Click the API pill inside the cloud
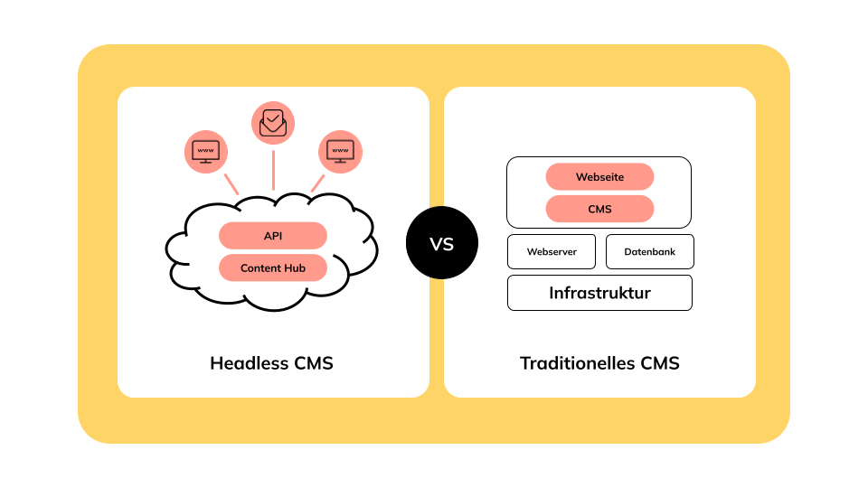point(272,236)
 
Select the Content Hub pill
point(272,268)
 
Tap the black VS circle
point(441,243)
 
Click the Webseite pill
point(599,177)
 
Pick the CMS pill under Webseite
point(599,209)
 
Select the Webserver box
point(552,251)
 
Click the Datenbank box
point(649,251)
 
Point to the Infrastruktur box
point(599,293)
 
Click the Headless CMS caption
point(271,363)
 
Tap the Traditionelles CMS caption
point(599,363)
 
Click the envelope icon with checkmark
point(273,124)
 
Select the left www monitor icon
point(206,152)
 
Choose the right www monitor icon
point(340,152)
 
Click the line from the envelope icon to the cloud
point(273,170)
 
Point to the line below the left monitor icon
point(231,183)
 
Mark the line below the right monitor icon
point(317,183)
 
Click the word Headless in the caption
point(249,363)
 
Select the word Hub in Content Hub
point(294,268)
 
